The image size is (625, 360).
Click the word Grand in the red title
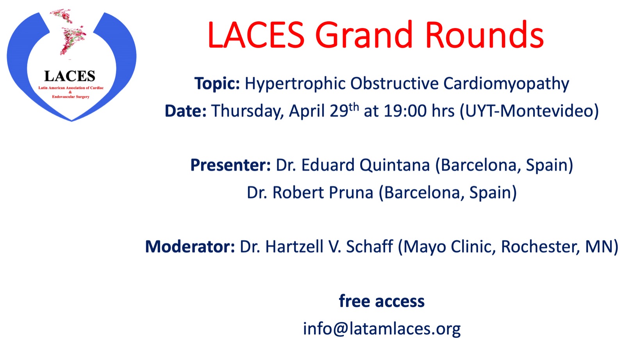click(364, 35)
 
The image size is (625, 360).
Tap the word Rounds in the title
click(485, 35)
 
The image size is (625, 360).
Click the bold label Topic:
click(217, 84)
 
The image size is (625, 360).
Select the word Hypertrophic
click(295, 84)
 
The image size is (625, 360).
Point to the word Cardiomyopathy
click(506, 84)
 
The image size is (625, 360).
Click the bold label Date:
click(186, 111)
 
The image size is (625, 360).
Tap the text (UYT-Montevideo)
click(529, 111)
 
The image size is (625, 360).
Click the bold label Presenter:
click(230, 165)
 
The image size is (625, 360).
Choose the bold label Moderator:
click(190, 247)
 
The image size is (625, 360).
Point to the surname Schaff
click(370, 247)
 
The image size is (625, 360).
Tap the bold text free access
click(382, 301)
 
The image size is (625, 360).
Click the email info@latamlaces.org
click(382, 329)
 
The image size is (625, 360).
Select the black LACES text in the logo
click(70, 76)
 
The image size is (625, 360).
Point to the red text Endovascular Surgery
click(71, 97)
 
